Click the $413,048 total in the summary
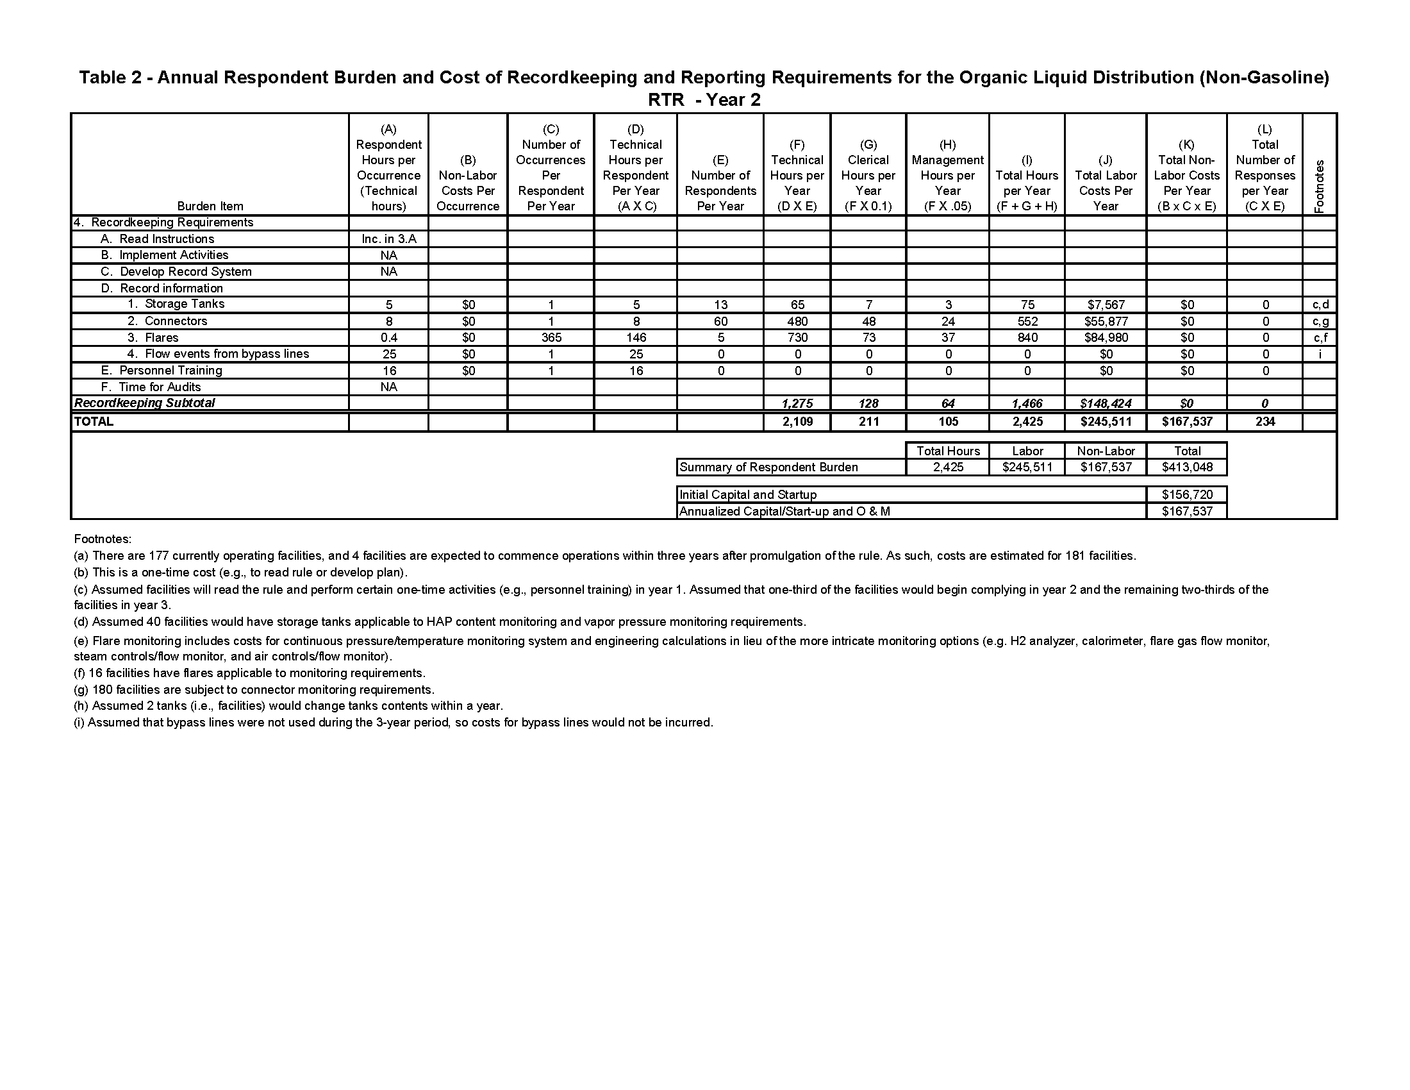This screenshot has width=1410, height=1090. coord(1186,467)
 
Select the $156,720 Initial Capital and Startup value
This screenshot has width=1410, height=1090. coord(1186,494)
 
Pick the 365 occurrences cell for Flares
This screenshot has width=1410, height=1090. coord(551,338)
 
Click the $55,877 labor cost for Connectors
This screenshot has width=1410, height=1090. coord(1106,322)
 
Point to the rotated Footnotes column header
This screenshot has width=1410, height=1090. coord(1319,185)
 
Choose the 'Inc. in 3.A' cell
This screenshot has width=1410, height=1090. coord(388,239)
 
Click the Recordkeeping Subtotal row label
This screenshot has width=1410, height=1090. coord(145,403)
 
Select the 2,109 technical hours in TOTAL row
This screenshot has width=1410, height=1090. coord(797,423)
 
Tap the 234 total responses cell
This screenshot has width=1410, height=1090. coord(1265,423)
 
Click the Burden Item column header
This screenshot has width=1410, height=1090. coord(210,206)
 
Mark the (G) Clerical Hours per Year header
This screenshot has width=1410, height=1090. coord(868,175)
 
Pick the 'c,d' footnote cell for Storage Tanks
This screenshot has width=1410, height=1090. coord(1320,305)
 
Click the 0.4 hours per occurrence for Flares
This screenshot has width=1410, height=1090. coord(388,338)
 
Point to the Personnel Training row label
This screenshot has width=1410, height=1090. coord(170,371)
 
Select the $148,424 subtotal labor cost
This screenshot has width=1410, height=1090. coord(1106,403)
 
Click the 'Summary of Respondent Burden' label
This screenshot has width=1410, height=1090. coord(769,467)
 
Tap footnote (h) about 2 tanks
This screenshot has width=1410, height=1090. coord(288,706)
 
